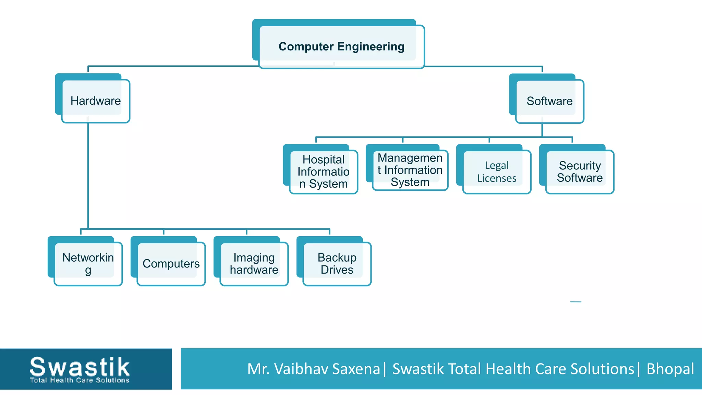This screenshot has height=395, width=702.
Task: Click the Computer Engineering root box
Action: tap(341, 46)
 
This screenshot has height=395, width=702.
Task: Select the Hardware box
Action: tap(95, 101)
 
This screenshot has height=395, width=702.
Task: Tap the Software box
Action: tap(549, 101)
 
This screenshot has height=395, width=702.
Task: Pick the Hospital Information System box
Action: tap(324, 171)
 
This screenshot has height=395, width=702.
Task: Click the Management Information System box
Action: tap(410, 170)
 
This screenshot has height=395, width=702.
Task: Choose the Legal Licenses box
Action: tap(497, 172)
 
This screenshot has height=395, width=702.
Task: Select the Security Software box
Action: tap(580, 171)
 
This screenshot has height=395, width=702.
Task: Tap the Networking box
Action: tap(88, 263)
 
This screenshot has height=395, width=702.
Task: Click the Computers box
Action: tap(171, 263)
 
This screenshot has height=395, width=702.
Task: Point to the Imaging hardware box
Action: tap(254, 263)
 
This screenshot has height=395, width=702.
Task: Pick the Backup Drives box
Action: tap(337, 263)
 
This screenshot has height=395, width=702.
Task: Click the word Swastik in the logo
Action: tap(80, 367)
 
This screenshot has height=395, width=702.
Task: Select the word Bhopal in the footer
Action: tap(670, 369)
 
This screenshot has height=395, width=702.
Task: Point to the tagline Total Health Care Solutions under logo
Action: tap(80, 380)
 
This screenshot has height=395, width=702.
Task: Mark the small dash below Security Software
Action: tap(576, 302)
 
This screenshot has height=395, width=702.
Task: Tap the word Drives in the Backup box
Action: tap(337, 270)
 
